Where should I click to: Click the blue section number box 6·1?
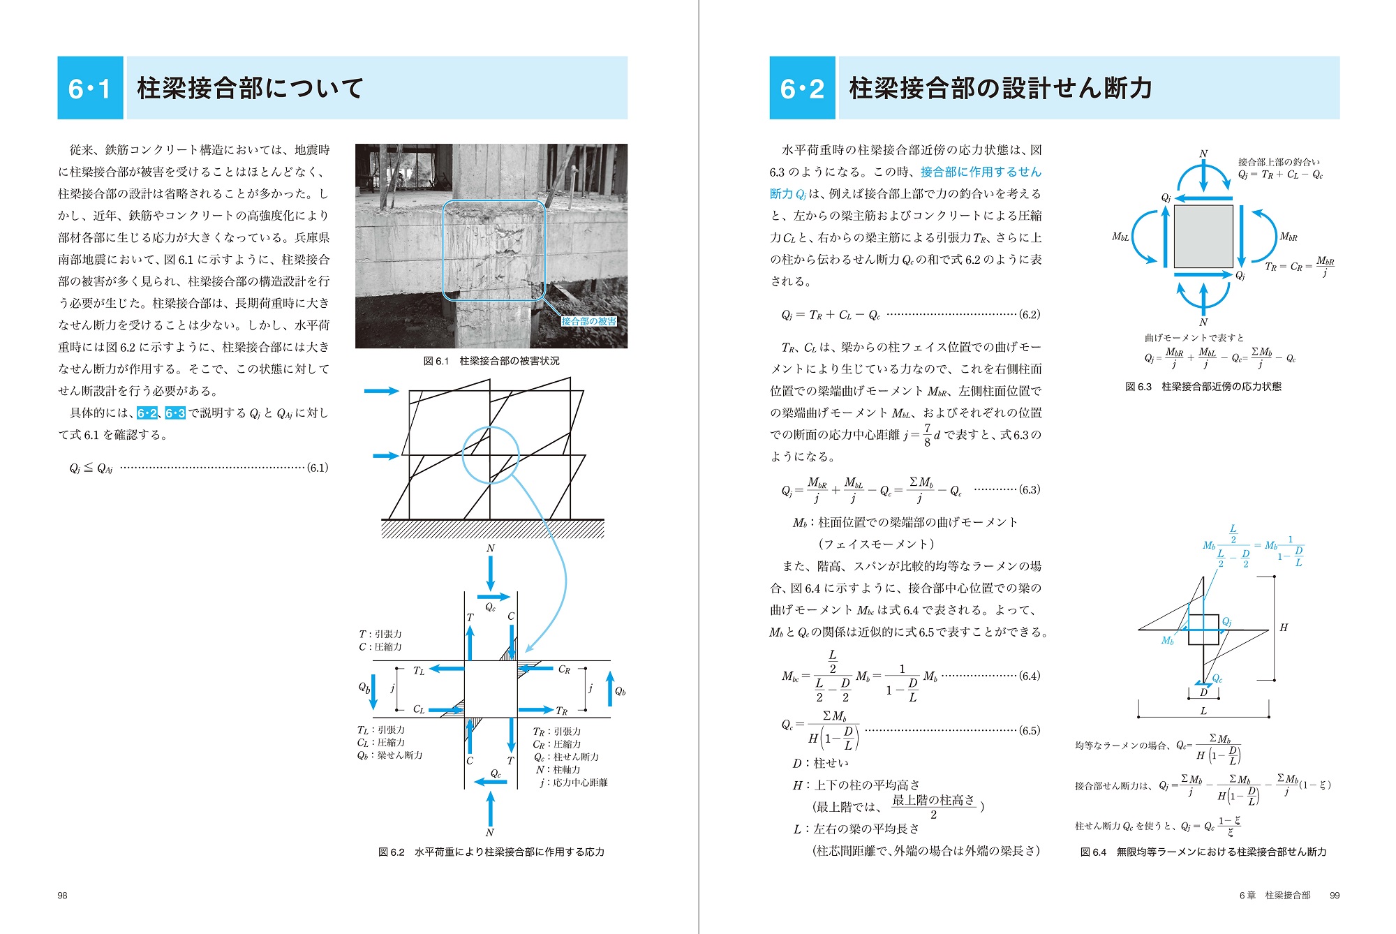tap(90, 88)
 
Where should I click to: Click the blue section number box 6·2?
tap(802, 88)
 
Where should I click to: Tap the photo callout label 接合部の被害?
tap(589, 321)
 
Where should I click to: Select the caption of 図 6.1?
tap(491, 361)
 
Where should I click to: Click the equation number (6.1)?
tap(318, 468)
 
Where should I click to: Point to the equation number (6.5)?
tap(1029, 730)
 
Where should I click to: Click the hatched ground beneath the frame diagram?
tap(492, 529)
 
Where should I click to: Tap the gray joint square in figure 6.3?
tap(1203, 236)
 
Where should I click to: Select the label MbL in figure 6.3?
tap(1120, 237)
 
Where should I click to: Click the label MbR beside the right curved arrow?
tap(1289, 237)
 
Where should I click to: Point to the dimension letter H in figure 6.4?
tap(1284, 628)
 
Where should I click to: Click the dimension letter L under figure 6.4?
tap(1203, 711)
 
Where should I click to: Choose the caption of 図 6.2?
tap(491, 852)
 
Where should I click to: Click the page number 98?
tap(62, 895)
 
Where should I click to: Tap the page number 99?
tap(1335, 895)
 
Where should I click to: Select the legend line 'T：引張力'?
tap(380, 634)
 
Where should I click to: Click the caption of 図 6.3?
tap(1203, 386)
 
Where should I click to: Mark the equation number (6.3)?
tap(1029, 489)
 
